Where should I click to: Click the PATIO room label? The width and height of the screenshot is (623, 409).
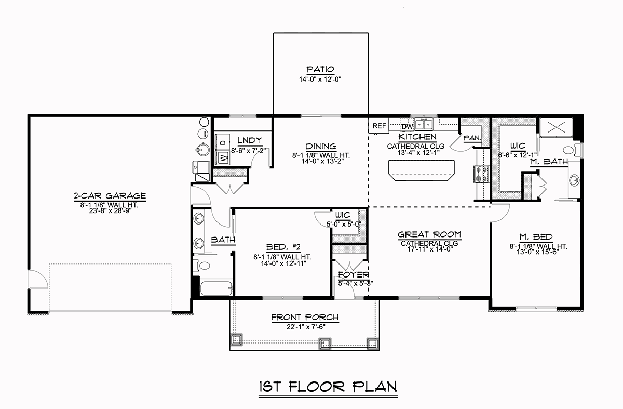(320, 69)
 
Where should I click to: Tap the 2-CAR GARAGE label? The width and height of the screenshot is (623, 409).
(110, 196)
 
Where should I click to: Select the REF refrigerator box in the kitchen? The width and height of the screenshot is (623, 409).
(379, 126)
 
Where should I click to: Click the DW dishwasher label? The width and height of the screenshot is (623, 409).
(407, 127)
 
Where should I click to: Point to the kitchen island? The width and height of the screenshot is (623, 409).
(422, 170)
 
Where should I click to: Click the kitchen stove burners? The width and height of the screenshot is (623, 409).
(481, 174)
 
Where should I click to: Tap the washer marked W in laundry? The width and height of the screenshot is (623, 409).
(223, 158)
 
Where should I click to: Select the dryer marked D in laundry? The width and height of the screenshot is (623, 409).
(223, 142)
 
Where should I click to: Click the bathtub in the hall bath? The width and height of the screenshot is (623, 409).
(216, 288)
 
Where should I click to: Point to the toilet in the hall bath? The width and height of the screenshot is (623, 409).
(201, 266)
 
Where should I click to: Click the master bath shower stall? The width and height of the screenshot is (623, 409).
(556, 127)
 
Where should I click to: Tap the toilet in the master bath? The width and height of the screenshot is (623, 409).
(571, 151)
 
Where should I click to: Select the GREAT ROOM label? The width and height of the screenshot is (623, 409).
(429, 234)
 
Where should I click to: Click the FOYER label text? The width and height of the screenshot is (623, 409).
(354, 275)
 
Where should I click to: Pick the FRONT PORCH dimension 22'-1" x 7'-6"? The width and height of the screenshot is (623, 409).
(306, 327)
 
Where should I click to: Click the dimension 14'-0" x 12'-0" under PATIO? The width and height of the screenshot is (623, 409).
(320, 80)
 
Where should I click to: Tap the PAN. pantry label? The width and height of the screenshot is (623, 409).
(472, 138)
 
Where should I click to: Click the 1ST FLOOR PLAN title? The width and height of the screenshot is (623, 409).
(328, 387)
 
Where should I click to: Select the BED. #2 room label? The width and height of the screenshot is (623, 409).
(283, 247)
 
